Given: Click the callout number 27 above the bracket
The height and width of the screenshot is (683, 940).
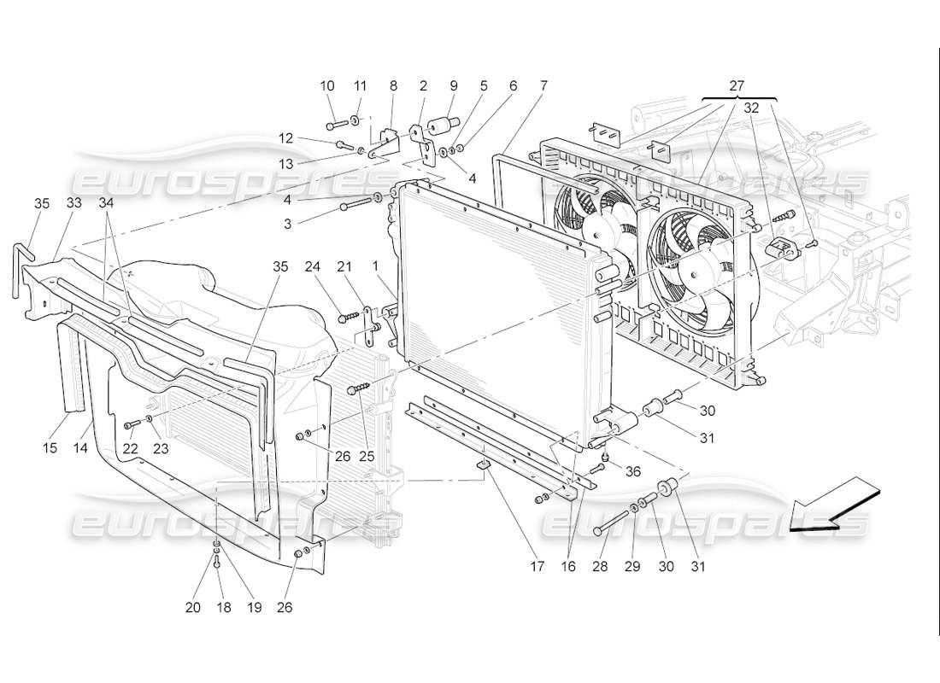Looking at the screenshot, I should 737,85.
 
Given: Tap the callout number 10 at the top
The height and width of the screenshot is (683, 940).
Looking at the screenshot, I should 327,85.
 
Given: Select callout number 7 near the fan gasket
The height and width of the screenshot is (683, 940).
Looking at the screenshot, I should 543,85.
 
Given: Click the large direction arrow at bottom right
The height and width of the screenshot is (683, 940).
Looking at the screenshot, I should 834,507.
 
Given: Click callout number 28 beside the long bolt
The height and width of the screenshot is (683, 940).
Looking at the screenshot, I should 600,566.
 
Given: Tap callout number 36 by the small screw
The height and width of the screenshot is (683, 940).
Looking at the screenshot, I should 632,470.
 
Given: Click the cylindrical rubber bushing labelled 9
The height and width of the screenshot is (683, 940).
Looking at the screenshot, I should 443,126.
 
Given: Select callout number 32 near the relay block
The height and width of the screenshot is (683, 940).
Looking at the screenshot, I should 751,108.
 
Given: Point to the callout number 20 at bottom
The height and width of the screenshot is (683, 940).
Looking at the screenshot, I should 193,607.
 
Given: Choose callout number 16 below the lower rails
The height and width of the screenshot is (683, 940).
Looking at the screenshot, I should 569,566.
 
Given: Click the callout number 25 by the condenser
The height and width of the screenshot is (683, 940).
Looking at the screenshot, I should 367,456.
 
